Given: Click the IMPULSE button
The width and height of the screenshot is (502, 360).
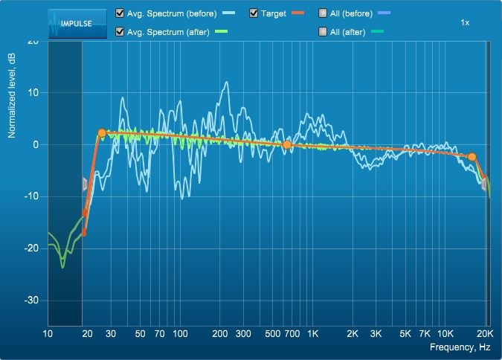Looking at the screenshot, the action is pyautogui.click(x=77, y=24).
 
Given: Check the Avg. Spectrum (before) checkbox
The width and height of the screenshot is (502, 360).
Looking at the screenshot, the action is pyautogui.click(x=120, y=13).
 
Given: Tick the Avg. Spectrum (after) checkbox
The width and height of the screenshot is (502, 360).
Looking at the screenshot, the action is pyautogui.click(x=120, y=32).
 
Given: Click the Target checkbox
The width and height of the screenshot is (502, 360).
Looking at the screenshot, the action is pyautogui.click(x=254, y=13).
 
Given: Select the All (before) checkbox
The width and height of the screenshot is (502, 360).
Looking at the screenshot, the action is pyautogui.click(x=323, y=13).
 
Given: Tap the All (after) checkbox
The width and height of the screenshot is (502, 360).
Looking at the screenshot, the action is pyautogui.click(x=323, y=32).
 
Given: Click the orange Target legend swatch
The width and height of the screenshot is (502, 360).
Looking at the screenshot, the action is pyautogui.click(x=297, y=13).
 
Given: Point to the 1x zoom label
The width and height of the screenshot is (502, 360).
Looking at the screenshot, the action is pyautogui.click(x=465, y=23).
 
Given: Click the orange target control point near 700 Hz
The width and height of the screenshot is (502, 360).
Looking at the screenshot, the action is pyautogui.click(x=287, y=145).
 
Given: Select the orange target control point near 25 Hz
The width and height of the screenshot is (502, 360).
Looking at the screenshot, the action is pyautogui.click(x=102, y=133).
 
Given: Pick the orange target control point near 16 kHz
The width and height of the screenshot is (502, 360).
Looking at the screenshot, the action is pyautogui.click(x=472, y=157).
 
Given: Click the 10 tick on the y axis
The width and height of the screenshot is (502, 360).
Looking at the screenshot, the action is pyautogui.click(x=33, y=93).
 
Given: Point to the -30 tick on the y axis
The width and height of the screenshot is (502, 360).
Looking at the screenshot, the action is pyautogui.click(x=31, y=300).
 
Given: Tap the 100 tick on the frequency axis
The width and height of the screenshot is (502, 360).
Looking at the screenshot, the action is pyautogui.click(x=180, y=334).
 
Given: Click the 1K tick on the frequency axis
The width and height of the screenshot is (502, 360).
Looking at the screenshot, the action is pyautogui.click(x=313, y=334).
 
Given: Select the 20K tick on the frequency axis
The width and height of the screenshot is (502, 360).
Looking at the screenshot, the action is pyautogui.click(x=485, y=334).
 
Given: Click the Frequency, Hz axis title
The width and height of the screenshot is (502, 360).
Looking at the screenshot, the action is pyautogui.click(x=460, y=347).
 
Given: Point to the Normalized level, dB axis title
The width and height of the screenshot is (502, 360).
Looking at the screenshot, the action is pyautogui.click(x=12, y=96).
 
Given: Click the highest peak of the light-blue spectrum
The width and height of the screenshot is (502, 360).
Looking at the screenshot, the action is pyautogui.click(x=227, y=82).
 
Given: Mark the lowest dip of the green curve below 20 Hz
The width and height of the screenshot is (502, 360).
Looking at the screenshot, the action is pyautogui.click(x=62, y=267).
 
